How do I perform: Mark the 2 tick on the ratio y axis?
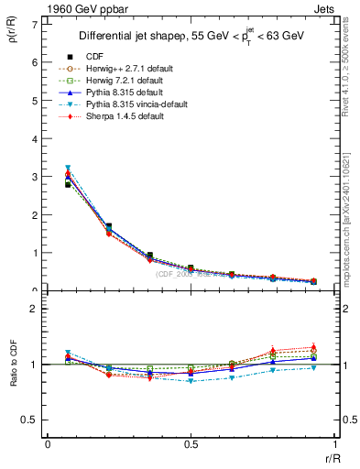pos(34,309)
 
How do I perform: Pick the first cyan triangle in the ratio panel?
pos(68,353)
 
